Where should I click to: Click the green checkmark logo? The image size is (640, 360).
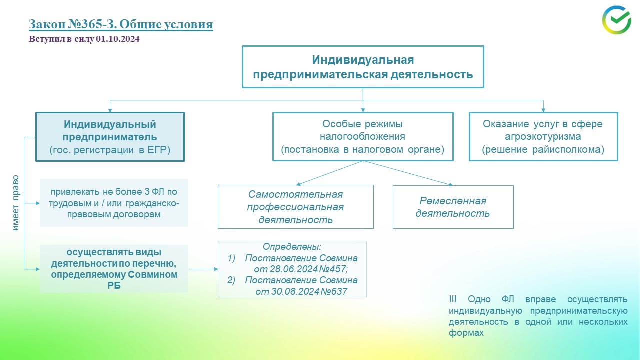pyautogui.click(x=616, y=20)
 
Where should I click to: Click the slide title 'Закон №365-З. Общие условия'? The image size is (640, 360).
pyautogui.click(x=121, y=24)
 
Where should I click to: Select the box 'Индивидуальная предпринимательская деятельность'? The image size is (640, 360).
pyautogui.click(x=363, y=67)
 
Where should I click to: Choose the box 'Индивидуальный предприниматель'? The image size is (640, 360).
pyautogui.click(x=110, y=136)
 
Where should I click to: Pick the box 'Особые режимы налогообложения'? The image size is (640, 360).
pyautogui.click(x=363, y=136)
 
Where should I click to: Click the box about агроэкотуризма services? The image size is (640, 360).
pyautogui.click(x=543, y=136)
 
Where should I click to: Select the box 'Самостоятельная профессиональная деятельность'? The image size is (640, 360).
pyautogui.click(x=296, y=207)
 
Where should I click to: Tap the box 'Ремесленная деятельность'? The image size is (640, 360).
pyautogui.click(x=453, y=207)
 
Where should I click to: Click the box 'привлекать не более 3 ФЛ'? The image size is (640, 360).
pyautogui.click(x=114, y=203)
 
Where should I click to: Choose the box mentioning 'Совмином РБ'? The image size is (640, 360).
pyautogui.click(x=114, y=269)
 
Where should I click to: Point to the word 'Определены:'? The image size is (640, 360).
pyautogui.click(x=292, y=247)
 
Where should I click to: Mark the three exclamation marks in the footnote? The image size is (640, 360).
pyautogui.click(x=452, y=299)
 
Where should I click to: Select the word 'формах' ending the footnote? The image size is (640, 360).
pyautogui.click(x=466, y=333)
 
